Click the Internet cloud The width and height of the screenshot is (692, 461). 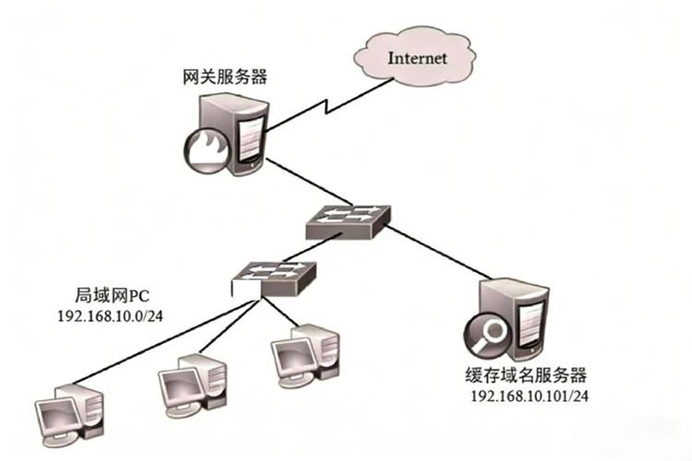pos(416,57)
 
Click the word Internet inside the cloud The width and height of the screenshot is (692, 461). pos(417,57)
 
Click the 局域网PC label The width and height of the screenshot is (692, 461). pos(110,297)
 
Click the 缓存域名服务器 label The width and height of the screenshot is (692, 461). pos(527,376)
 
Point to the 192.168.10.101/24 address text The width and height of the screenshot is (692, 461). pos(530,396)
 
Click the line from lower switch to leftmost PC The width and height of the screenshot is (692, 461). pos(157,337)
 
